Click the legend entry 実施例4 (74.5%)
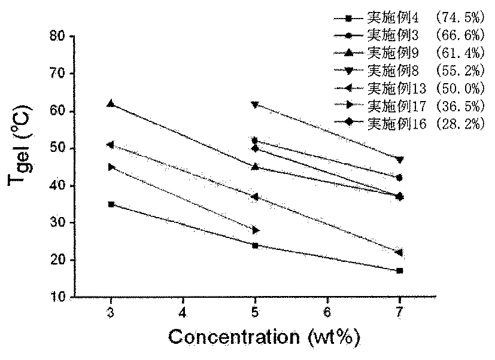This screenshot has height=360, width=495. [409, 18]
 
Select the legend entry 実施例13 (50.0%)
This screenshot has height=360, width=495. [409, 88]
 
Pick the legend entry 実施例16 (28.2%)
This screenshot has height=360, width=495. [409, 123]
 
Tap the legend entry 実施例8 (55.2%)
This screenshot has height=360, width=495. [409, 71]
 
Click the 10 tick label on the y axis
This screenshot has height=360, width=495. [57, 297]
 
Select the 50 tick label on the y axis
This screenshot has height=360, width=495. [57, 148]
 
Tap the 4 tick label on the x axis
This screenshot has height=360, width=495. [183, 312]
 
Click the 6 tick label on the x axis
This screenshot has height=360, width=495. [327, 312]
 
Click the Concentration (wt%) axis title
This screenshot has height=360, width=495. [264, 337]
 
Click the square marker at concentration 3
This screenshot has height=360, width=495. [111, 205]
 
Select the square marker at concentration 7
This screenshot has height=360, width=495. [400, 271]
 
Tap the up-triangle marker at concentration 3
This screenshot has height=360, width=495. [111, 103]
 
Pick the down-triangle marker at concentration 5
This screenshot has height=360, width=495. [255, 105]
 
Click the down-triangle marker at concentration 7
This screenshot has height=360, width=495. [400, 160]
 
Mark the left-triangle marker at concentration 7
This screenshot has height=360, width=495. [399, 252]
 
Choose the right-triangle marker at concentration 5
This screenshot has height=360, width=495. [256, 230]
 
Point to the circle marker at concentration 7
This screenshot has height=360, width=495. [400, 178]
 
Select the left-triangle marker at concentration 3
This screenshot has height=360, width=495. [111, 145]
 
